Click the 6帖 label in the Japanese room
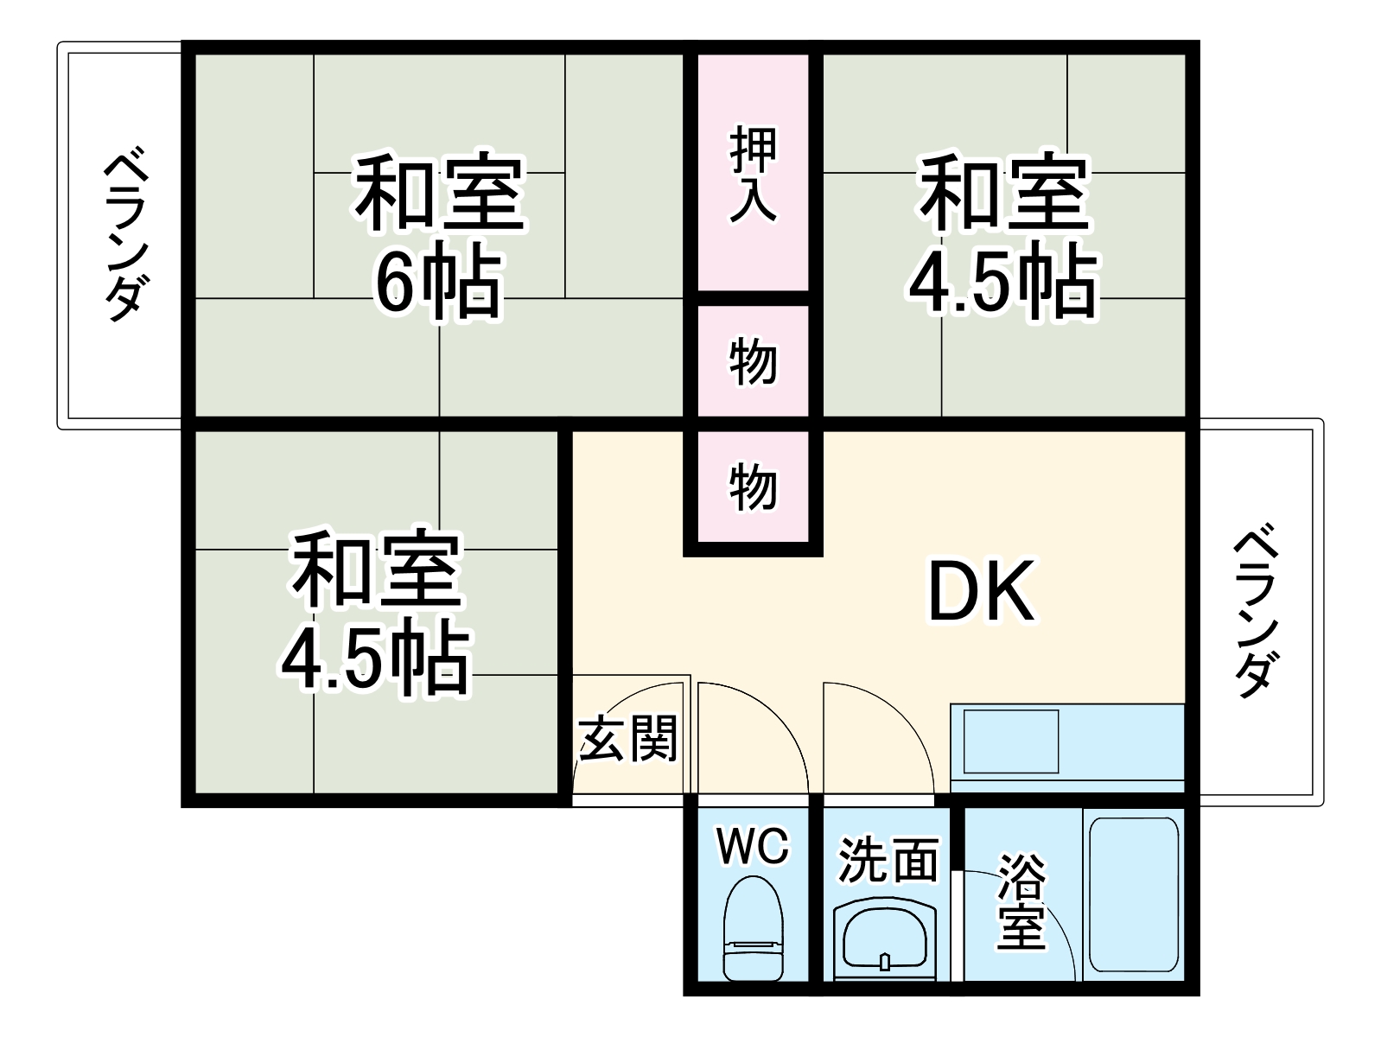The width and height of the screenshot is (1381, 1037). (x=437, y=283)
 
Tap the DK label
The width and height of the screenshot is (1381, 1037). (x=981, y=591)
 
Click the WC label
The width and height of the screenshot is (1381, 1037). (x=753, y=846)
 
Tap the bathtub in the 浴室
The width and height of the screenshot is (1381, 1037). (x=1133, y=894)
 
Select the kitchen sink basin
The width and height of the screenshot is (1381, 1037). (x=1010, y=741)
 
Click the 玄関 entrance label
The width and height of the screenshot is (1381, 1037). (x=628, y=739)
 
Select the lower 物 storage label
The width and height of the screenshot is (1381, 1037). (x=753, y=487)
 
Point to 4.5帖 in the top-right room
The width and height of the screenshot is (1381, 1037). (x=1002, y=283)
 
